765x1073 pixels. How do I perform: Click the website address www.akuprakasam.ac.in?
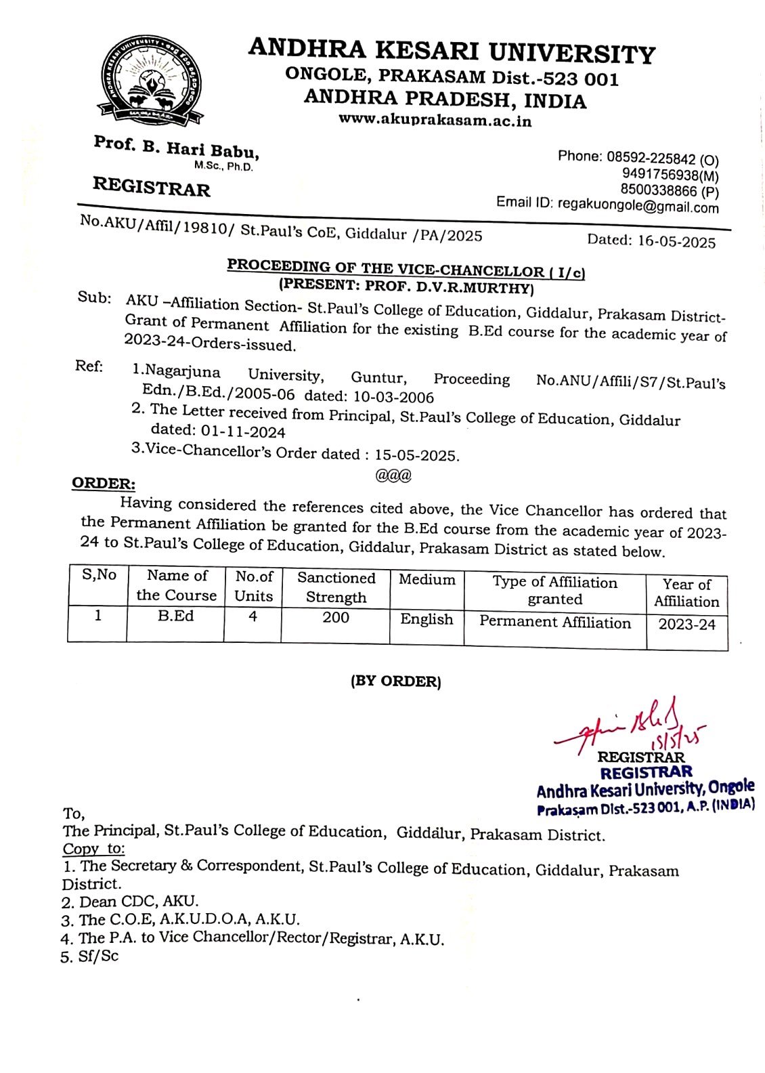[x=435, y=121]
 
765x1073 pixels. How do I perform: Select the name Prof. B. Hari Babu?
[x=176, y=147]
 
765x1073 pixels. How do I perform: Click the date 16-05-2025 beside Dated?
[x=676, y=241]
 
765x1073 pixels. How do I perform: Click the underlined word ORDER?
[x=103, y=484]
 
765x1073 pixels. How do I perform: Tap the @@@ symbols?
[x=393, y=476]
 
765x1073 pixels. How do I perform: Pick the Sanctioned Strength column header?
[x=336, y=587]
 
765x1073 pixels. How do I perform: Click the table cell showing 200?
[x=336, y=618]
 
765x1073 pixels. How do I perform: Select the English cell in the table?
[x=427, y=619]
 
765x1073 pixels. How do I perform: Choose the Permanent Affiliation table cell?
[x=555, y=623]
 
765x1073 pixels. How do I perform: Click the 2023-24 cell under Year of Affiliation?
[x=686, y=625]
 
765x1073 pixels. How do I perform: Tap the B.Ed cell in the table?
[x=175, y=616]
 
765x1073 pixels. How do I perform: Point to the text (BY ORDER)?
[x=395, y=681]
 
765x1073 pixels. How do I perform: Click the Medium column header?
[x=427, y=580]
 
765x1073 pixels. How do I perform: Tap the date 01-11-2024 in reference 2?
[x=243, y=432]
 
